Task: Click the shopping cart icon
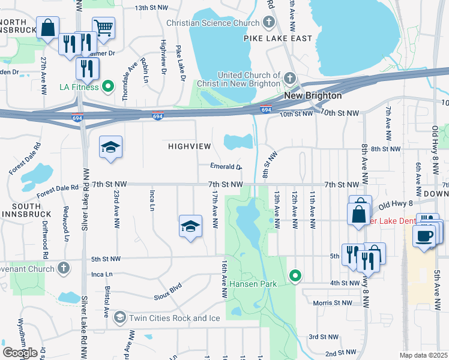point(103,27)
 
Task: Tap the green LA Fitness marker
point(108,86)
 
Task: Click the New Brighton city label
point(313,95)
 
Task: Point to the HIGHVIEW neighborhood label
point(190,146)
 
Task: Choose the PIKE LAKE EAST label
point(278,38)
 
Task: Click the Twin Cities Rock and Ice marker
point(119,317)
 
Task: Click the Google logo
point(20,352)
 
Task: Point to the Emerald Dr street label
point(226,167)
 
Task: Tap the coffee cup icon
point(424,235)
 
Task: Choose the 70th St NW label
point(340,113)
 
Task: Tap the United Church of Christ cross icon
point(290,79)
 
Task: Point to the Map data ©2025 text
point(424,355)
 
